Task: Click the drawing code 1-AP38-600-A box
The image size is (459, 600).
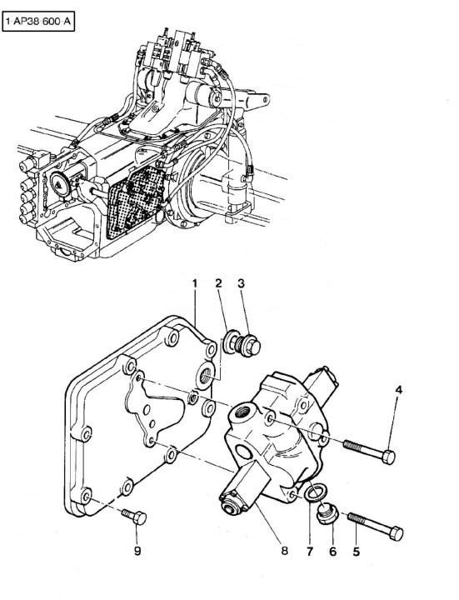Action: [x=38, y=22]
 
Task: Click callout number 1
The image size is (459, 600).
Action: [x=195, y=284]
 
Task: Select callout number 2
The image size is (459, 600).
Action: [x=218, y=283]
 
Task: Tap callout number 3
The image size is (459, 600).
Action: [x=241, y=283]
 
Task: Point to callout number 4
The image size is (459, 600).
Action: [x=398, y=390]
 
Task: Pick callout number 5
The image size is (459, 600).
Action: [x=356, y=552]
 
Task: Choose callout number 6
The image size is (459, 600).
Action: [x=332, y=552]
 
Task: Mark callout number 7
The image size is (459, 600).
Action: [x=309, y=552]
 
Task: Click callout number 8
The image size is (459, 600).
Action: [x=285, y=551]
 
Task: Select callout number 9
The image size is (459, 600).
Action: [x=137, y=551]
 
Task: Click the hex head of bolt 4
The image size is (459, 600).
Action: [x=388, y=457]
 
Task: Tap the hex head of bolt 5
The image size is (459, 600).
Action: [x=397, y=534]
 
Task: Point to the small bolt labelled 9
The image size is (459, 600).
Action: [x=134, y=517]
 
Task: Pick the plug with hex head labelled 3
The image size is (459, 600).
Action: [x=248, y=344]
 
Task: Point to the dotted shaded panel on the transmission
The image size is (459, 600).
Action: [x=136, y=202]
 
